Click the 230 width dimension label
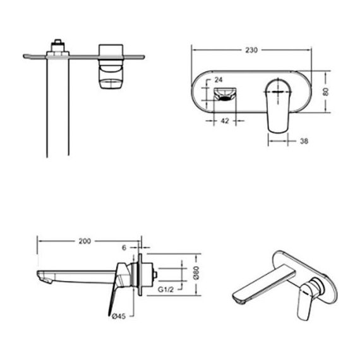[x=251, y=50]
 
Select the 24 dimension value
[x=219, y=80]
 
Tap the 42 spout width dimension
[x=225, y=121]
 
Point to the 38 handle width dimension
[x=304, y=141]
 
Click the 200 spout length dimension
[x=85, y=241]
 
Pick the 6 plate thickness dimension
[x=124, y=248]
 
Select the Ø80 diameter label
[x=196, y=273]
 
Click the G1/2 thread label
[x=165, y=289]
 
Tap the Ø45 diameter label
[x=119, y=316]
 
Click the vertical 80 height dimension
[x=325, y=92]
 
